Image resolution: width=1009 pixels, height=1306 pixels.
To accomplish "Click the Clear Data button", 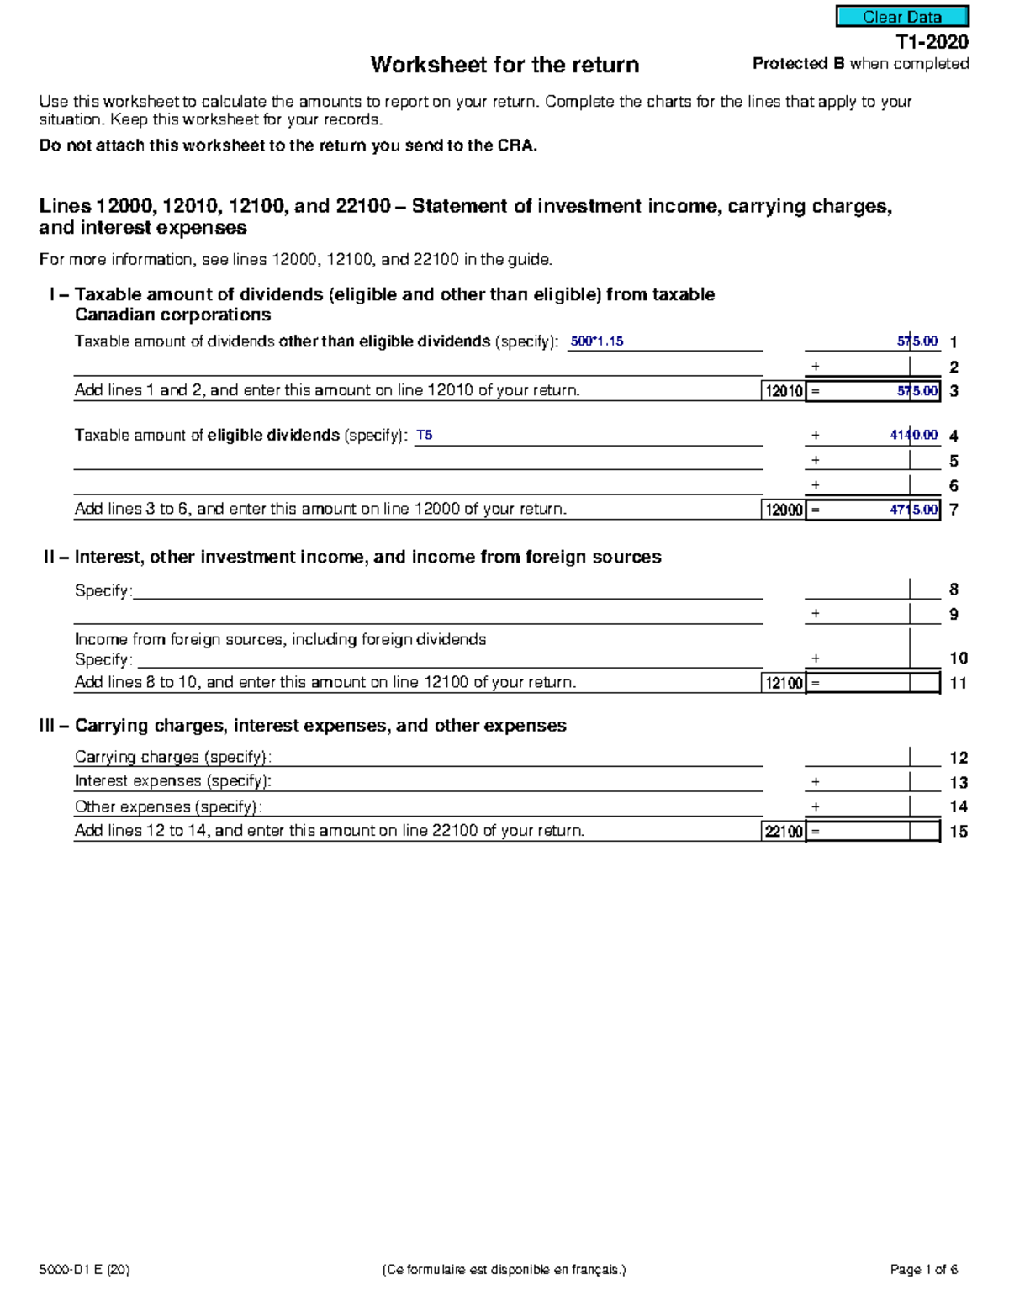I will [901, 17].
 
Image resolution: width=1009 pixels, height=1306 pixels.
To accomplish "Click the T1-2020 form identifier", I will [931, 41].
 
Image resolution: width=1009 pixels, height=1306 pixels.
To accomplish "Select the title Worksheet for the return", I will [504, 65].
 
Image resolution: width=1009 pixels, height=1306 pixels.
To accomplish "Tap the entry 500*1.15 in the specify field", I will [597, 341].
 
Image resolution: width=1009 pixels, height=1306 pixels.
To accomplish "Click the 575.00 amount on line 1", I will [917, 341].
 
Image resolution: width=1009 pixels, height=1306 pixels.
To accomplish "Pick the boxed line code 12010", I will [784, 391].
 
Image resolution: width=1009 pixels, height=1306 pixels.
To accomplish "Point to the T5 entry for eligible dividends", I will [425, 436].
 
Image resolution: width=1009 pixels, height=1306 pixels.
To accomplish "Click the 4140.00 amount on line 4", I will [913, 436].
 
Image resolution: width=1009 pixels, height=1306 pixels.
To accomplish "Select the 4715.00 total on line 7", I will [913, 510].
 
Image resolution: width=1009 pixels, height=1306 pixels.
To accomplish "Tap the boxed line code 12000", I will [784, 510].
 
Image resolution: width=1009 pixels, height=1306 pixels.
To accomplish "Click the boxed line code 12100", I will [784, 683].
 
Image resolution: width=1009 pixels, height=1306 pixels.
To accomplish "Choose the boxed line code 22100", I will [784, 832].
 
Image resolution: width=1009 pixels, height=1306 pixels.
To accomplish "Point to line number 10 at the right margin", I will [959, 658].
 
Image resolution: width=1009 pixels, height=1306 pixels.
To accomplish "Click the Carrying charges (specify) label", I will [172, 757].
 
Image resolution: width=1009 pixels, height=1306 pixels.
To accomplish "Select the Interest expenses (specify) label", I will [172, 781].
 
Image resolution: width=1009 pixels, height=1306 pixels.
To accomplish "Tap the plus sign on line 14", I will [815, 806].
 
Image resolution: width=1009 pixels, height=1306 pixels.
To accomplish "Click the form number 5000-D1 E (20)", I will [84, 1270].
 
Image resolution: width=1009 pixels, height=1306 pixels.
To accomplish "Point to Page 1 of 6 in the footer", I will [923, 1270].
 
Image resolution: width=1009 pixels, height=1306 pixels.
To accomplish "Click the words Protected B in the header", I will [798, 64].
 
